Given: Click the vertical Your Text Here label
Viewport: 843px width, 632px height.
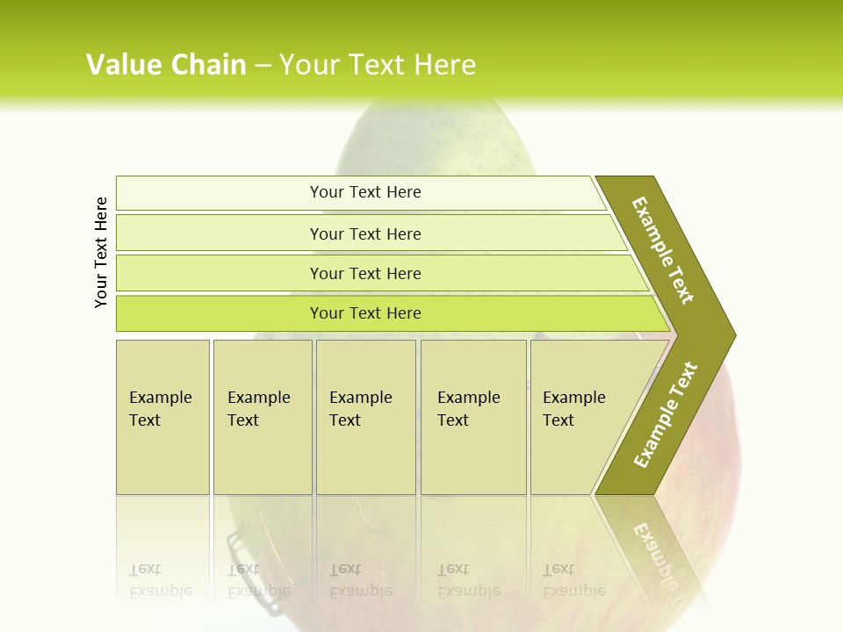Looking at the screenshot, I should coord(101,253).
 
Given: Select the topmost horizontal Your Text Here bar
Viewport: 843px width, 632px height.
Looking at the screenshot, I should coord(364,192).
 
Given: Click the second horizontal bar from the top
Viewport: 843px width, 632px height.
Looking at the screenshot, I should coord(364,233).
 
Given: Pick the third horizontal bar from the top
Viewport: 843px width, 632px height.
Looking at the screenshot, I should coord(364,274).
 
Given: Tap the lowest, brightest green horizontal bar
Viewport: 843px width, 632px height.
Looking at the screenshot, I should coord(364,313).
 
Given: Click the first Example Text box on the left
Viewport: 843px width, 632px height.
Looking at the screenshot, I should coord(162,417).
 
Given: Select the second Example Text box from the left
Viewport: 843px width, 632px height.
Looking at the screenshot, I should coord(262,417).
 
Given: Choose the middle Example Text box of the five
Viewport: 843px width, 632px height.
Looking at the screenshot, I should coord(365,417).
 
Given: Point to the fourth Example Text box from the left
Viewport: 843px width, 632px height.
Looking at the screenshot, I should coord(472,417).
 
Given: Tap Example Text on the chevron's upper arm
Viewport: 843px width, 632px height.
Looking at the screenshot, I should coord(663,250).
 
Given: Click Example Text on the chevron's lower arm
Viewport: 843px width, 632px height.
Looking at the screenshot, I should coord(666,414).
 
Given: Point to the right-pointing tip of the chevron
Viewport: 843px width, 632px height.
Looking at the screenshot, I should coord(731,334).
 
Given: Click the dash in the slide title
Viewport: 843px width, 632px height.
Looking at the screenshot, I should coord(263,65).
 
